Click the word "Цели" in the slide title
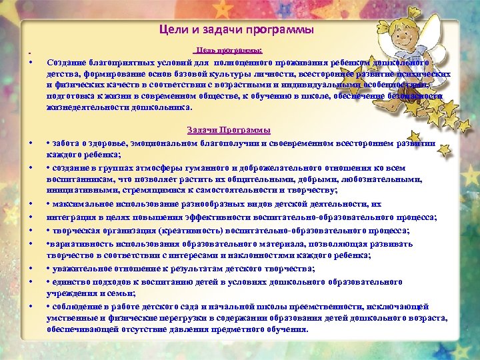(x=172, y=29)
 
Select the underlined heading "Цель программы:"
(x=228, y=51)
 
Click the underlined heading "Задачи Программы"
(x=228, y=129)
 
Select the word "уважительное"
(x=82, y=269)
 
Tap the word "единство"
(x=72, y=281)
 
